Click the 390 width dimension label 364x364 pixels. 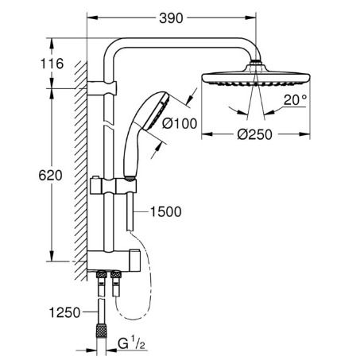click(x=171, y=18)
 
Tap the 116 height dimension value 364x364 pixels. click(x=52, y=64)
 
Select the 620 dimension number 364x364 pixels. click(x=50, y=176)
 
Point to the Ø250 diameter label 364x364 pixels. click(x=254, y=134)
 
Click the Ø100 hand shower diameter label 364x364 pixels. click(x=180, y=123)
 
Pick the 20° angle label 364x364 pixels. click(x=295, y=100)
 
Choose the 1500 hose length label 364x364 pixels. click(x=166, y=211)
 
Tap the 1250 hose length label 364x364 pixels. click(x=64, y=312)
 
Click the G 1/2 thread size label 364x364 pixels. click(x=132, y=344)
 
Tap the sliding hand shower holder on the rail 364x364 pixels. click(x=114, y=186)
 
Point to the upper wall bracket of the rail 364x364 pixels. click(x=102, y=88)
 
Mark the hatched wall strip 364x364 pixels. click(x=80, y=171)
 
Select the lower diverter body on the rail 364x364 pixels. click(x=114, y=261)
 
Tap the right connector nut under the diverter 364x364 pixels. click(x=116, y=274)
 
